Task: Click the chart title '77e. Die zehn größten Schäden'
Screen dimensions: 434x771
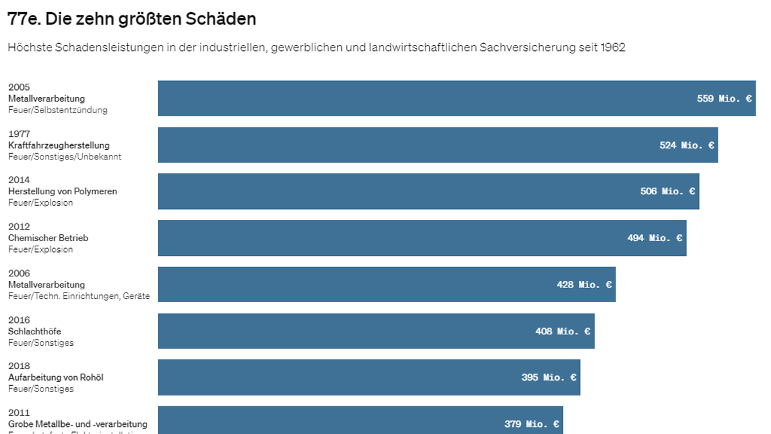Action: coord(132,19)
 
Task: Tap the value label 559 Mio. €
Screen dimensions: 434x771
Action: coord(724,98)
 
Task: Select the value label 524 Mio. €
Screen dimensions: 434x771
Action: coord(687,145)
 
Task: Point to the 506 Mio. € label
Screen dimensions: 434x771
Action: coord(668,191)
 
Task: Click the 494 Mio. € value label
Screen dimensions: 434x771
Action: coord(655,238)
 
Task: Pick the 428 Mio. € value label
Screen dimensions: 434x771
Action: coord(584,284)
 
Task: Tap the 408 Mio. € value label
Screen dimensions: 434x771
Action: coord(563,331)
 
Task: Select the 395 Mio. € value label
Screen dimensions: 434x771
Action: coord(549,377)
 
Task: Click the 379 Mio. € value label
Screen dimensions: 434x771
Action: coord(531,424)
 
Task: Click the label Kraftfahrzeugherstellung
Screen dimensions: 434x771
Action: coord(59,145)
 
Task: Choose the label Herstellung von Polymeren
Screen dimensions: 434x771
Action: coord(62,192)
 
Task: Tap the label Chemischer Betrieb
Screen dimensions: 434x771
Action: coord(48,238)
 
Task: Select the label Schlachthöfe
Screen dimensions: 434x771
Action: coord(35,331)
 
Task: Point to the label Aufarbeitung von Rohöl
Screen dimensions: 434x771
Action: coord(56,377)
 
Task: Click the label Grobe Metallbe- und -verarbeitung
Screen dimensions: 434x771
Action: coord(78,424)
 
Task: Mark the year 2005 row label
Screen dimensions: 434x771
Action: coord(19,87)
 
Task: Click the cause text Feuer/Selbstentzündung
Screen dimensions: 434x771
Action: coord(58,110)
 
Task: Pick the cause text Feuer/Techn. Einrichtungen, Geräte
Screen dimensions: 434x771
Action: coord(79,296)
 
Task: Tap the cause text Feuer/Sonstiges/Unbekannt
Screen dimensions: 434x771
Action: coord(65,157)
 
